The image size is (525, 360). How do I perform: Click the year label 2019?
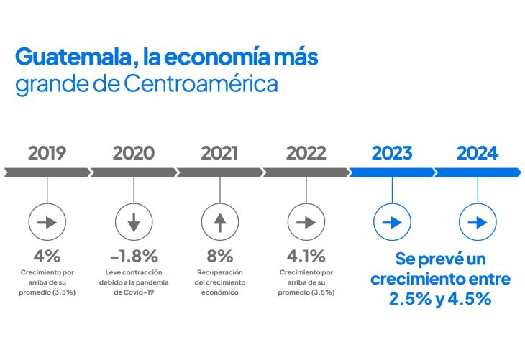pos(47,153)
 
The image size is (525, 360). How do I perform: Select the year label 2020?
pos(133,153)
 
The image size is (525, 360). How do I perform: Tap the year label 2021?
pos(219,153)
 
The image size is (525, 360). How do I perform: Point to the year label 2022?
pos(306,153)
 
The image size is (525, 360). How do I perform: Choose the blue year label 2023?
pos(392,153)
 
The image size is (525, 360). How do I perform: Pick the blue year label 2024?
pos(478,153)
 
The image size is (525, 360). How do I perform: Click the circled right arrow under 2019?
pos(47,223)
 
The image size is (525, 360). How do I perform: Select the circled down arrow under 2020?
pos(133,223)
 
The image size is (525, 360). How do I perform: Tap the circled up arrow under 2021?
pos(219,223)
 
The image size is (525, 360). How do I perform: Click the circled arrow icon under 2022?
pos(306,223)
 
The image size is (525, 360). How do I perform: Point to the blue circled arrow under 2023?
pos(392,223)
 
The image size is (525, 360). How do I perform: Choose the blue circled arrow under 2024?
pos(478,223)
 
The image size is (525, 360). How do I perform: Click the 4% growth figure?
pos(47,256)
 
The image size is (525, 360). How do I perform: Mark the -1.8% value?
pos(133,256)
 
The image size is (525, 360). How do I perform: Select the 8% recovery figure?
pos(219,256)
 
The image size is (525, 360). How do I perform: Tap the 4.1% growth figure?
pos(306,256)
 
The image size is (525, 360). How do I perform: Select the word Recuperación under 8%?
pos(219,273)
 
